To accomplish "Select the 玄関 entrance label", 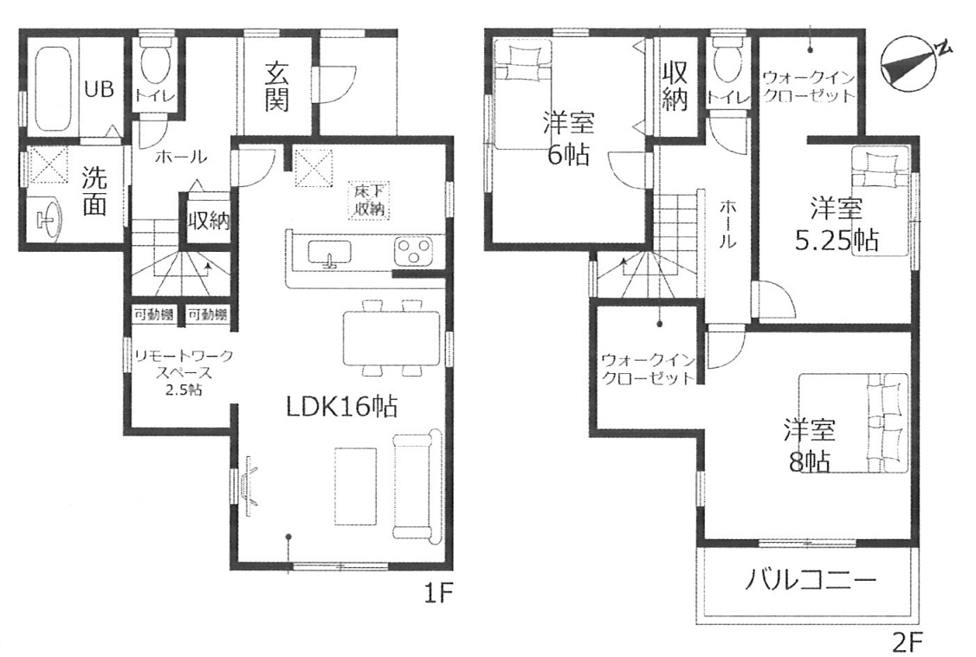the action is (276, 87).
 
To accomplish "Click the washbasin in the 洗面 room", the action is (49, 218).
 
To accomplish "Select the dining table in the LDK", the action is (391, 338).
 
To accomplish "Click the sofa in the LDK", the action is (416, 483).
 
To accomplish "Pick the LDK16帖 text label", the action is (342, 407).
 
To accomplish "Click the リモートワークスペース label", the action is (184, 364).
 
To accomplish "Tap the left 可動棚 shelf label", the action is (154, 315).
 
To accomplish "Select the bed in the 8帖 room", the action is (853, 422).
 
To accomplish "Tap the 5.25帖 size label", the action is (837, 240).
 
